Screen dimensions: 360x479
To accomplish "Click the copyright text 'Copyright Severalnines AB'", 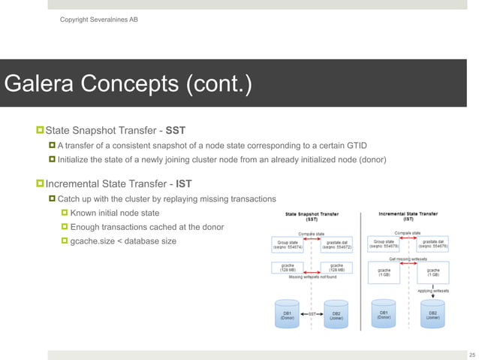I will [98, 19].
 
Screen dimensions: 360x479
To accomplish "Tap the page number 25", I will [471, 355].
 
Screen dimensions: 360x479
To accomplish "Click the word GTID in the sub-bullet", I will [355, 145].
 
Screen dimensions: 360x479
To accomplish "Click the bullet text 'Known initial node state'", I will [115, 213].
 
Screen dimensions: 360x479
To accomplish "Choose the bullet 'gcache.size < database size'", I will [123, 241].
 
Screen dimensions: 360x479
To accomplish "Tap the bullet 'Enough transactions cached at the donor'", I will [146, 227].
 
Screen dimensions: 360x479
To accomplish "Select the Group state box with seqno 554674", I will [289, 246].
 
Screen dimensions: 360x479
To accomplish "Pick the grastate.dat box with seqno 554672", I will [336, 246].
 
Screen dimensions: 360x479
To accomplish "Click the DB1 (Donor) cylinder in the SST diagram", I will [288, 315].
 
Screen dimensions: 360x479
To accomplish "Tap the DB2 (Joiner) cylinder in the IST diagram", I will [433, 315].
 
